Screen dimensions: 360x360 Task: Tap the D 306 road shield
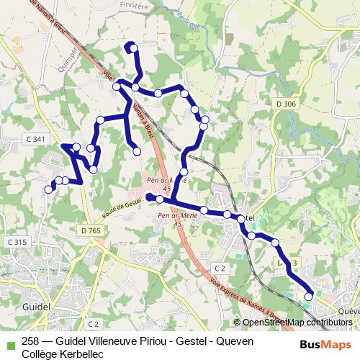coord(285,104)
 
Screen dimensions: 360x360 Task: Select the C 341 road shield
coord(34,139)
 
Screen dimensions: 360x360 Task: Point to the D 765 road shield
coord(91,230)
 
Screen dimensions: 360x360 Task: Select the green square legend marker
coord(9,341)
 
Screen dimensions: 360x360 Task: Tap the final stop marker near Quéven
coord(309,296)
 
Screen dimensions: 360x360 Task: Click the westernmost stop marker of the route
coord(49,189)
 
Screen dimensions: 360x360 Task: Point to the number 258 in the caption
coord(31,341)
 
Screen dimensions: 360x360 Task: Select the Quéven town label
coord(348,310)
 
